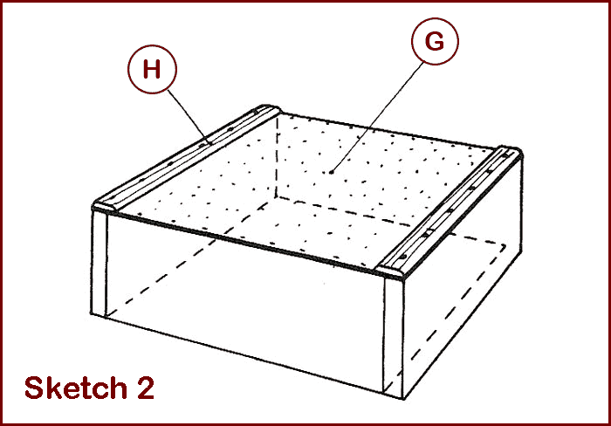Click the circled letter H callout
[152, 69]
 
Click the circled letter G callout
[435, 41]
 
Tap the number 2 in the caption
[146, 388]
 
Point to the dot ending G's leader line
[331, 172]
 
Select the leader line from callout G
[377, 116]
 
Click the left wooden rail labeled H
[186, 158]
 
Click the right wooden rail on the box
[451, 212]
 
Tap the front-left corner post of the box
[99, 262]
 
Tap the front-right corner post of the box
[394, 336]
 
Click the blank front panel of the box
[244, 301]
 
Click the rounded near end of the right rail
[392, 272]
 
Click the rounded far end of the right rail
[510, 151]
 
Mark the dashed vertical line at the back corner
[278, 156]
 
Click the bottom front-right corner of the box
[403, 398]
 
